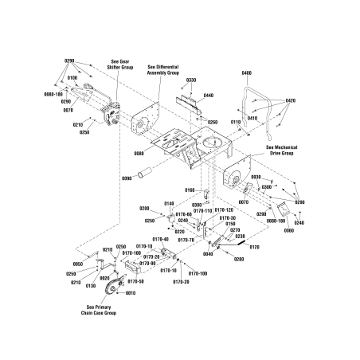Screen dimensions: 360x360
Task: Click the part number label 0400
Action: [x=246, y=73]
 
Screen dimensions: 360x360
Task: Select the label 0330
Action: [x=190, y=80]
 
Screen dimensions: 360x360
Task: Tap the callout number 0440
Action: [x=209, y=96]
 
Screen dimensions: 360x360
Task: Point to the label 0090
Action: [x=127, y=180]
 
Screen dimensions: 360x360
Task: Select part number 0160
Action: [x=190, y=190]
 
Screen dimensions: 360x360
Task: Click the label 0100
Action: [x=72, y=78]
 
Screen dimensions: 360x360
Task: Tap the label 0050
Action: [x=77, y=264]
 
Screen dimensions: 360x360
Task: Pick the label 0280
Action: [x=239, y=259]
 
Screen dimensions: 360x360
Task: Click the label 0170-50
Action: [x=136, y=281]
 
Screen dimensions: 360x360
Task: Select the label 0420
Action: [x=291, y=101]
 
